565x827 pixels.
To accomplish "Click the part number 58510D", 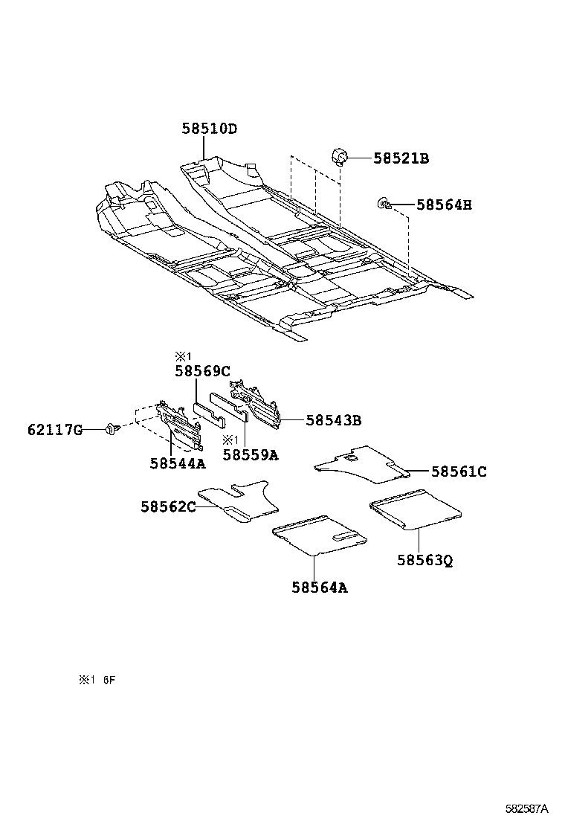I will point(209,129).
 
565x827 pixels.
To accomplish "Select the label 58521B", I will point(401,158).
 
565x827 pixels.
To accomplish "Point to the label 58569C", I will point(202,370).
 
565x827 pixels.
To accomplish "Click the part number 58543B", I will point(333,420).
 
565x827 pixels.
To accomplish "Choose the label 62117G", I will point(55,429).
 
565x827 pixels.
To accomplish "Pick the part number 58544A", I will point(177,463).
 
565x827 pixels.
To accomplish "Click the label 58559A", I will point(250,454).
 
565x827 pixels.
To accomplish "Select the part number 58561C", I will point(459,471).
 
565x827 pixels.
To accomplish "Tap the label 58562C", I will point(168,506).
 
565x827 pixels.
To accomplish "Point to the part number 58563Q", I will point(424,560).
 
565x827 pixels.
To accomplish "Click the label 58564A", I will point(319,588).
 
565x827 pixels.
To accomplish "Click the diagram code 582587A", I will point(526,808).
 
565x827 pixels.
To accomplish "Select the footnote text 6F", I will point(109,680).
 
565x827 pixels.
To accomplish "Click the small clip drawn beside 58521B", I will point(341,157).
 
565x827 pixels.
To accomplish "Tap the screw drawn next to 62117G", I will point(112,429).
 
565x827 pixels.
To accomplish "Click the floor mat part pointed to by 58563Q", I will point(416,510).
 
